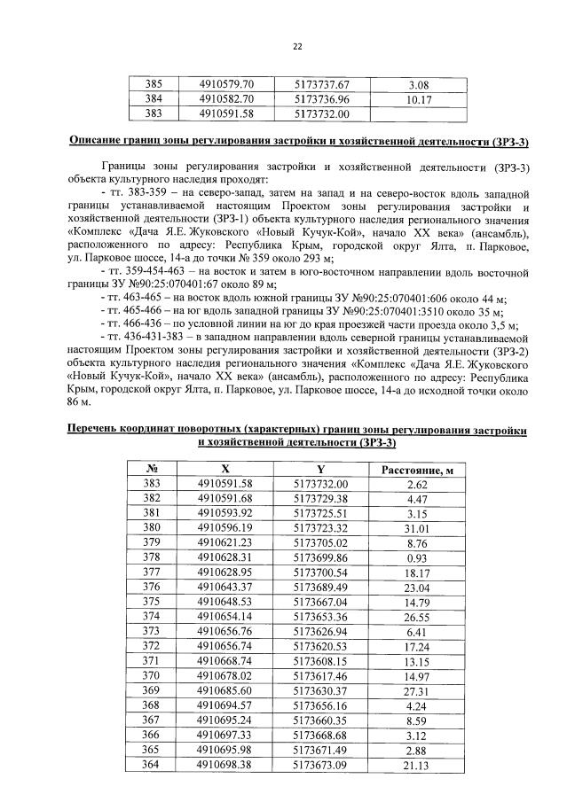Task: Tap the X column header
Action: pyautogui.click(x=225, y=469)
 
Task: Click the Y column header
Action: pyautogui.click(x=320, y=469)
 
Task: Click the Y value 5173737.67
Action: pyautogui.click(x=321, y=85)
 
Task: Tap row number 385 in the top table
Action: pyautogui.click(x=154, y=85)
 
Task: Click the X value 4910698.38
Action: pyautogui.click(x=225, y=765)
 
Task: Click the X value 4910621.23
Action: pyautogui.click(x=225, y=542)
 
